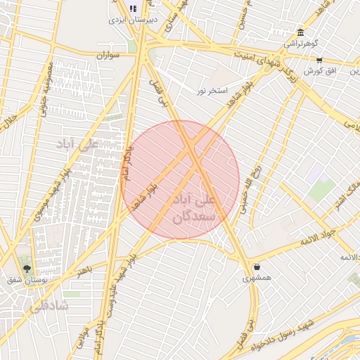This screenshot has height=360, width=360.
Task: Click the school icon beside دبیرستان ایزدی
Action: point(134,9)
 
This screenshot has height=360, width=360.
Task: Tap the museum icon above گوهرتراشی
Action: point(300,32)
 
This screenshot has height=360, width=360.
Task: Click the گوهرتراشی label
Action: point(300,44)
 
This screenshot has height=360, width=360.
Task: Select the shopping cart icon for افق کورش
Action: point(319,60)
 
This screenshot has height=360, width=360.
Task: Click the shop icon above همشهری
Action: point(257,267)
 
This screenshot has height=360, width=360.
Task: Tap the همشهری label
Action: point(257,278)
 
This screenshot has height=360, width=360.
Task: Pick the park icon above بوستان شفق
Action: point(27,269)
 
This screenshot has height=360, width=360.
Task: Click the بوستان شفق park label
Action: point(26,281)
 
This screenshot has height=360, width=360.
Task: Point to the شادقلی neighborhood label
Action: point(47,306)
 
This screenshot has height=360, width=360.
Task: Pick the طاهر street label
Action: point(85,271)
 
